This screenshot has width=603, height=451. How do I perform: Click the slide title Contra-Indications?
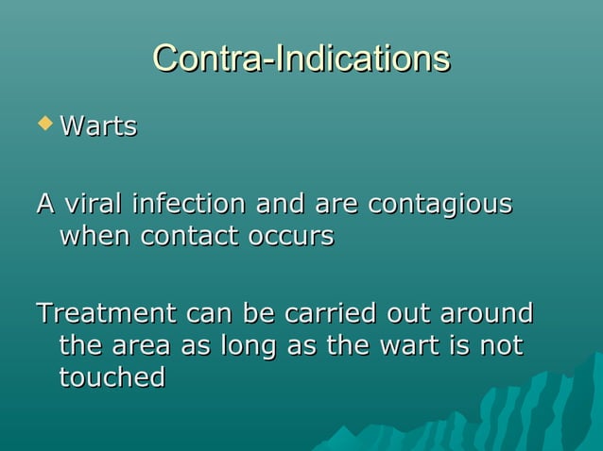pos(301,58)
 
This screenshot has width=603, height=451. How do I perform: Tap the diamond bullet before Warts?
pos(43,123)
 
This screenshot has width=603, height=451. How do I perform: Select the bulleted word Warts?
pos(98,126)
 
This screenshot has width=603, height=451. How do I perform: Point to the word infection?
pos(188,203)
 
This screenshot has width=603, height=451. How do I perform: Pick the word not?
pos(501,345)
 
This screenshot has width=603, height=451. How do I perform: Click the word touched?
pos(112,377)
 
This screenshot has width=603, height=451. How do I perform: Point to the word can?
pos(210,312)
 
